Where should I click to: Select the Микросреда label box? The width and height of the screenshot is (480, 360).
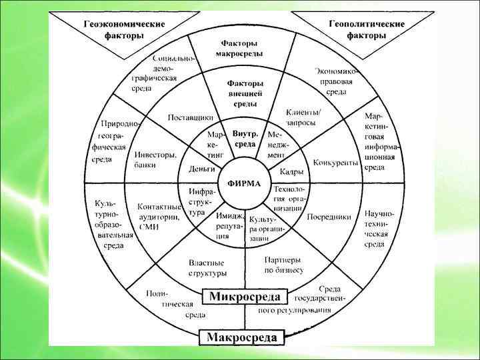(245, 295)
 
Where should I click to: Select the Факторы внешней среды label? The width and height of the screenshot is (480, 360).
(245, 93)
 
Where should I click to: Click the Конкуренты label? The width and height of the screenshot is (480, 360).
(335, 163)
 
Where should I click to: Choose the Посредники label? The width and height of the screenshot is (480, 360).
(329, 217)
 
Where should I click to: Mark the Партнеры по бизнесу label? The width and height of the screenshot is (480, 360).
(283, 265)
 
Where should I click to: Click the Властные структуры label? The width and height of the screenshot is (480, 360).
(207, 268)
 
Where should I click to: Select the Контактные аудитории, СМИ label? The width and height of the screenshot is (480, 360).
(159, 217)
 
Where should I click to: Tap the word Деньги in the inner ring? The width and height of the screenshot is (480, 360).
(201, 169)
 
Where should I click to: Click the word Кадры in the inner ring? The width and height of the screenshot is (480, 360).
(291, 172)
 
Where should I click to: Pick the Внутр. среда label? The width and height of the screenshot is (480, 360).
(245, 139)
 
